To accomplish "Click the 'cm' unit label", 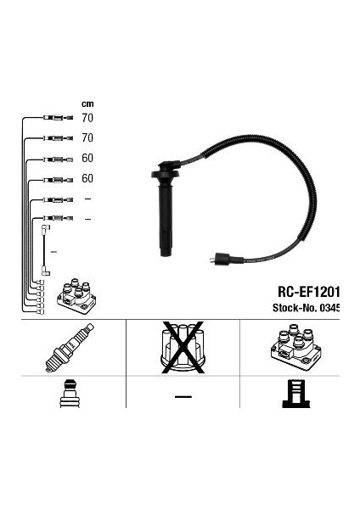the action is [x=87, y=103].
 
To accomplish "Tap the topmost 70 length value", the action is [x=87, y=118].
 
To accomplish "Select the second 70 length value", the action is [x=87, y=138].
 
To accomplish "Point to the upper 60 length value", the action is [x=87, y=158].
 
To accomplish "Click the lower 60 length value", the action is [x=87, y=178].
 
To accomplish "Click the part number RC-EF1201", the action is [x=309, y=292].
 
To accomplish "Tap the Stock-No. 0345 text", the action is [x=306, y=307].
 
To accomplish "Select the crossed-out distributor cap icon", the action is [x=183, y=347].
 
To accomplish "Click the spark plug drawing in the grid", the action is [x=70, y=347].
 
